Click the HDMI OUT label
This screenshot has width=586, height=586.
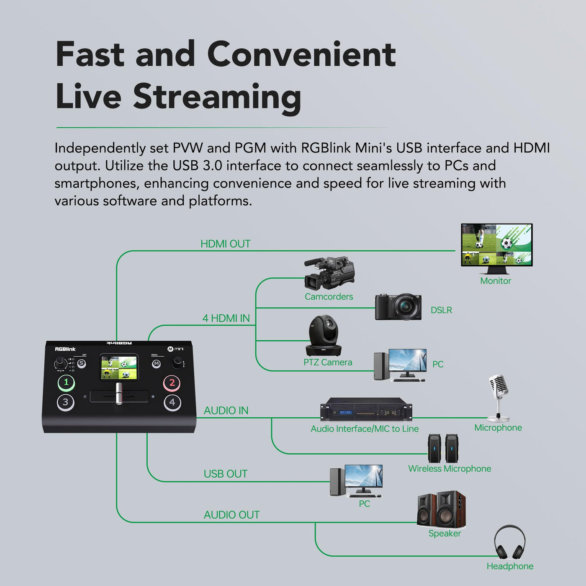(x=225, y=244)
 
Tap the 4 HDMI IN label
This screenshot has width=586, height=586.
(x=226, y=319)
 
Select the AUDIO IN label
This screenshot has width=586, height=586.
(x=226, y=411)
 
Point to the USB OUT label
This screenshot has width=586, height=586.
(x=225, y=474)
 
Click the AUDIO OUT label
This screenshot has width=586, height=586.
(x=231, y=515)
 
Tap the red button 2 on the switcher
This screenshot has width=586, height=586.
(x=172, y=383)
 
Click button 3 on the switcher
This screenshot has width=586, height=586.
(x=66, y=402)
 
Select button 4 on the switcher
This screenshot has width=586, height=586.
(x=172, y=403)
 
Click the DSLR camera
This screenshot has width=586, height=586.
(x=398, y=307)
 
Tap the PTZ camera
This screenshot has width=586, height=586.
(x=324, y=335)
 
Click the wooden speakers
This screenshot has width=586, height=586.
(x=442, y=509)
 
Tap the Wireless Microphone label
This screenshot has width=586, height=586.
(x=450, y=469)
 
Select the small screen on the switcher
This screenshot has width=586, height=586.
(x=119, y=368)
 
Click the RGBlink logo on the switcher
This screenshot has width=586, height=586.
(x=65, y=349)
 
